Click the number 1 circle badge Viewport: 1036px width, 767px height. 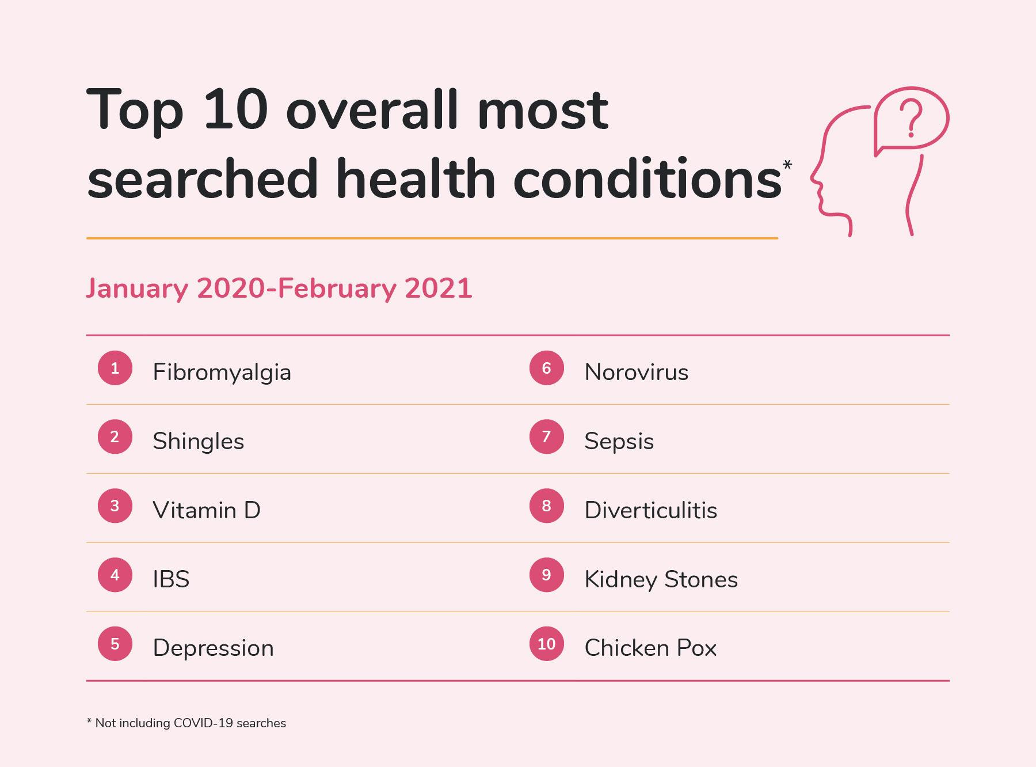tap(115, 368)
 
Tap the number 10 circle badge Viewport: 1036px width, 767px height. tap(546, 644)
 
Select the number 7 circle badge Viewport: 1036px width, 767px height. tap(546, 437)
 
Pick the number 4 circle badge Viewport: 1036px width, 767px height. tap(115, 575)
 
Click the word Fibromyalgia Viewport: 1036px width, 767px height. tap(222, 373)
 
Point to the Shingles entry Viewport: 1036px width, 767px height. tap(198, 442)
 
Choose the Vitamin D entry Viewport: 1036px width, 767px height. tap(206, 510)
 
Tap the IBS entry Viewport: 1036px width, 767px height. tap(171, 579)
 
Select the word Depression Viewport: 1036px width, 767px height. tap(213, 648)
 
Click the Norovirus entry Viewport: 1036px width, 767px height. tap(636, 373)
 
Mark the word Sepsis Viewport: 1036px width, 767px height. tap(619, 442)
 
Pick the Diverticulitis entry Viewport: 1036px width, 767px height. tap(650, 510)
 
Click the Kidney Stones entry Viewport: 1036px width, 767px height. tap(661, 579)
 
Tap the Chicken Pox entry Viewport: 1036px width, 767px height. tap(650, 648)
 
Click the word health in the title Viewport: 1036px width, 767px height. tap(415, 180)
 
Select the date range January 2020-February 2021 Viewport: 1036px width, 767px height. tap(279, 288)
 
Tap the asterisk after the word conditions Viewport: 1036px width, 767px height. tap(787, 165)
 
